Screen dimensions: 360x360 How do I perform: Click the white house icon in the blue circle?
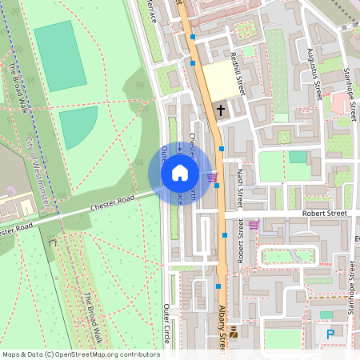point(180,173)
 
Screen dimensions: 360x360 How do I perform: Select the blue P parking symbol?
point(330,334)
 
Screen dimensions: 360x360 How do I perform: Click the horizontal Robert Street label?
point(324,214)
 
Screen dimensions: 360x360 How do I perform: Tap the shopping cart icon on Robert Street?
point(254,225)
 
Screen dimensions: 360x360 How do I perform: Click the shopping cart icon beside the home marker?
point(211,177)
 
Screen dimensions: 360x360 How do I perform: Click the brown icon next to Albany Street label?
point(233,332)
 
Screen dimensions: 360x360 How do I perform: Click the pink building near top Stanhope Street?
point(342,102)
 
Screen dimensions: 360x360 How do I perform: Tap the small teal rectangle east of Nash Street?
point(298,157)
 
